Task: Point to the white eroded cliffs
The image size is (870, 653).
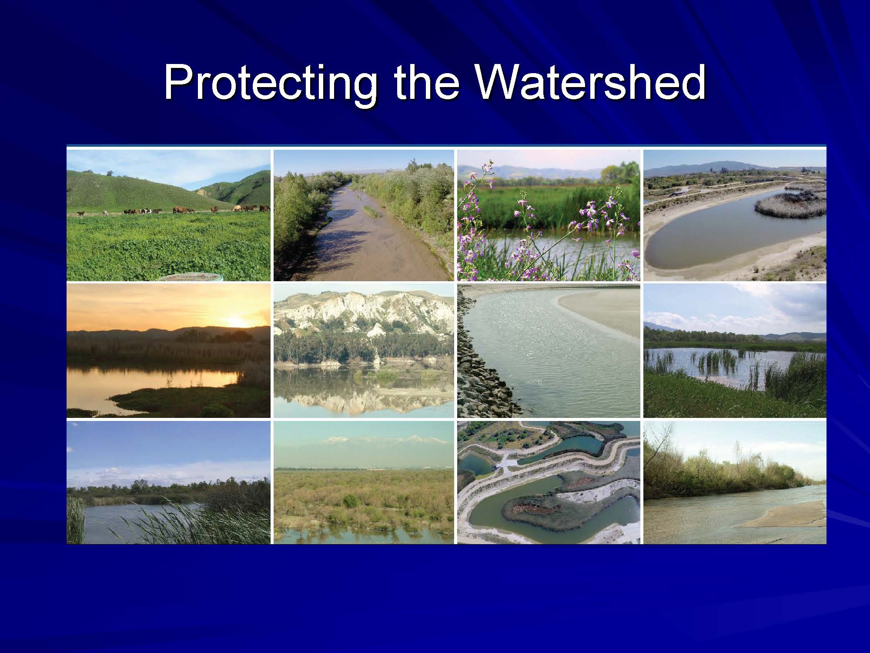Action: point(364,313)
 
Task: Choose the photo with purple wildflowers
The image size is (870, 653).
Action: point(549,215)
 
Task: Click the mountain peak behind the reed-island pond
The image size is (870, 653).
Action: point(724,165)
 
